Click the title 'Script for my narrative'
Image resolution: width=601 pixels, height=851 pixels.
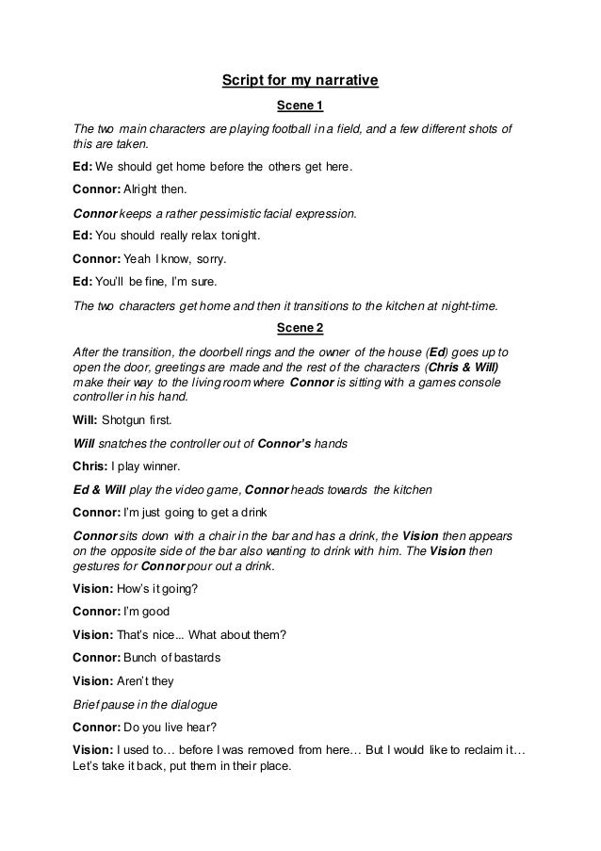(300, 81)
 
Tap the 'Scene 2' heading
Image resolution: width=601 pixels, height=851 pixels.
(300, 328)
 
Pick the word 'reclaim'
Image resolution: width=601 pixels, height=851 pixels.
(477, 751)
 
